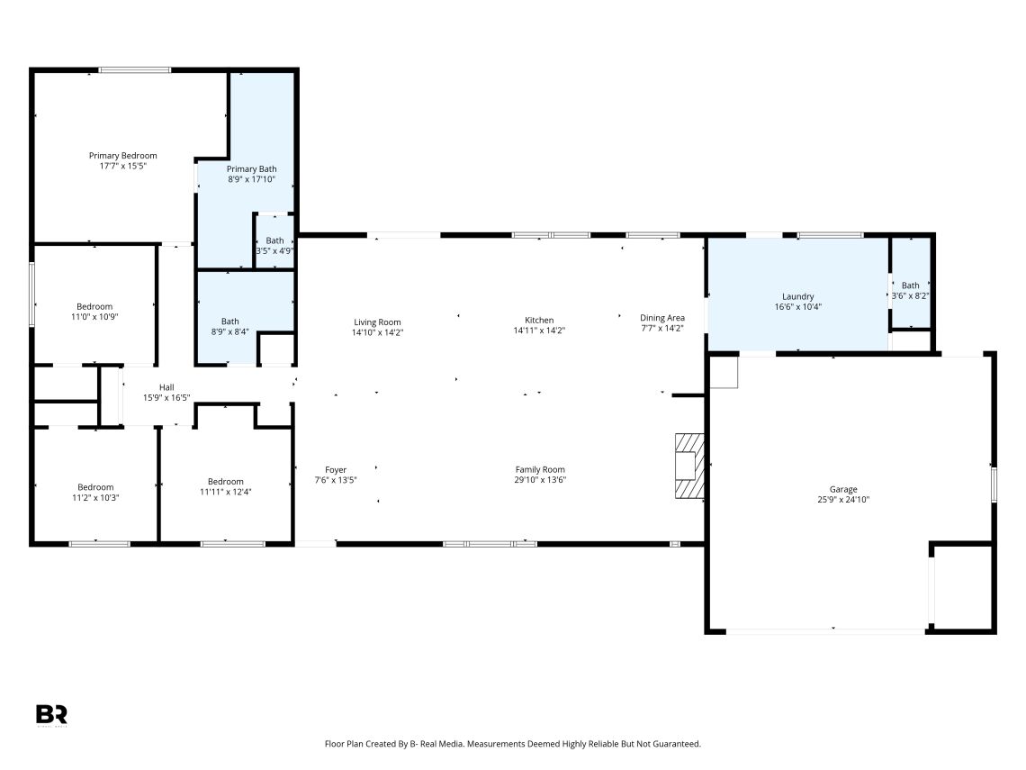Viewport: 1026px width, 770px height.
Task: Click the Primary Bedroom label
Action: coord(123,156)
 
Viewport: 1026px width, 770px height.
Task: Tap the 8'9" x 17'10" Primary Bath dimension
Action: coord(251,178)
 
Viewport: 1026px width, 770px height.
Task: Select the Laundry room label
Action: coord(797,296)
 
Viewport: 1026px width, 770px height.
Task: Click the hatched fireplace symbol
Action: coord(689,466)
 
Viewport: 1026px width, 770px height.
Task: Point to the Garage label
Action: coord(842,489)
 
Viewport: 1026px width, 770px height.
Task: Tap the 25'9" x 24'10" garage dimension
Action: coord(842,500)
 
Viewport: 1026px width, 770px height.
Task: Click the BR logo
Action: coord(51,714)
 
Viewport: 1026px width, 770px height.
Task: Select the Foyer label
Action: coord(336,470)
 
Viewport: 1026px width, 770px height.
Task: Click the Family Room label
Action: coord(540,469)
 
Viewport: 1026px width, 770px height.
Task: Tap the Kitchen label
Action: coord(539,321)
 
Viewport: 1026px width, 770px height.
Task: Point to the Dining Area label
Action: coord(662,318)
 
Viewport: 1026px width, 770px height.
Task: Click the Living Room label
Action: coord(377,322)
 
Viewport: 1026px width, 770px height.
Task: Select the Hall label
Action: coord(166,387)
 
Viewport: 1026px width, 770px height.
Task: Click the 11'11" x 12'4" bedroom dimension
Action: coord(226,493)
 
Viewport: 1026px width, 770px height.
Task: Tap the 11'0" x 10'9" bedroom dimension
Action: coord(94,317)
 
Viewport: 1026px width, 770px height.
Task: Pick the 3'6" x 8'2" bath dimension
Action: coord(910,296)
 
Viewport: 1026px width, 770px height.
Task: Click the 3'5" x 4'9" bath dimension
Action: coord(274,250)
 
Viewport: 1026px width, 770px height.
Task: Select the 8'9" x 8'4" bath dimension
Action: coord(229,332)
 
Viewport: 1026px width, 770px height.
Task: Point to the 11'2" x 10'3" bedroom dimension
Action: coord(95,498)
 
